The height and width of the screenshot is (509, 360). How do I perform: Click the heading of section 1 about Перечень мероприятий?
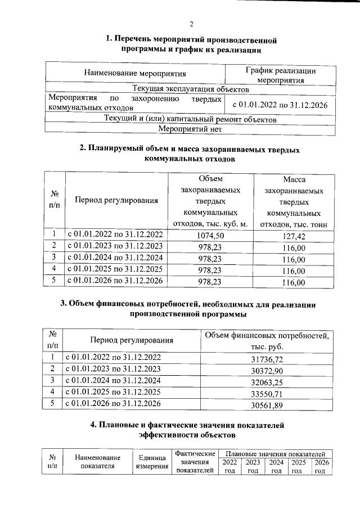191,45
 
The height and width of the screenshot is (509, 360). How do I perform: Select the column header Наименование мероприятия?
134,73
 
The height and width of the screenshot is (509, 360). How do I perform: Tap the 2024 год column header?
276,466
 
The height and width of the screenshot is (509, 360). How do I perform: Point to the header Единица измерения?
150,462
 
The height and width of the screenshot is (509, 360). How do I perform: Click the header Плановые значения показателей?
275,453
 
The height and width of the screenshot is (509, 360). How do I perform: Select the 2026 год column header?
320,466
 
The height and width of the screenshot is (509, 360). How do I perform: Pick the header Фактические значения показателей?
195,462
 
